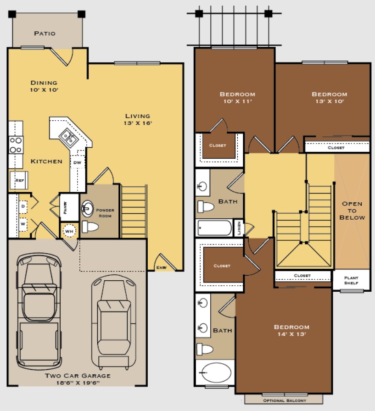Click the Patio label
coord(45,33)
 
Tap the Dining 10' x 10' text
coord(44,86)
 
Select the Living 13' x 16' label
coord(137,119)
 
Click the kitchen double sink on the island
coord(69,137)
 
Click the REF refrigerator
coord(19,180)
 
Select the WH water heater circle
coord(69,231)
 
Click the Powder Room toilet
coord(90,226)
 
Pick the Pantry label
coord(65,205)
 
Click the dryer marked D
coord(23,206)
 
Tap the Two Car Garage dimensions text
coord(78,382)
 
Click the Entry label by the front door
coord(162,267)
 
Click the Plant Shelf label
coord(351,279)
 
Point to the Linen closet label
coord(239,228)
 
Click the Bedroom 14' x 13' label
coord(291,330)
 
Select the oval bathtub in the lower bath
coord(215,372)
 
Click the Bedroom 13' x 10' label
coord(328,98)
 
